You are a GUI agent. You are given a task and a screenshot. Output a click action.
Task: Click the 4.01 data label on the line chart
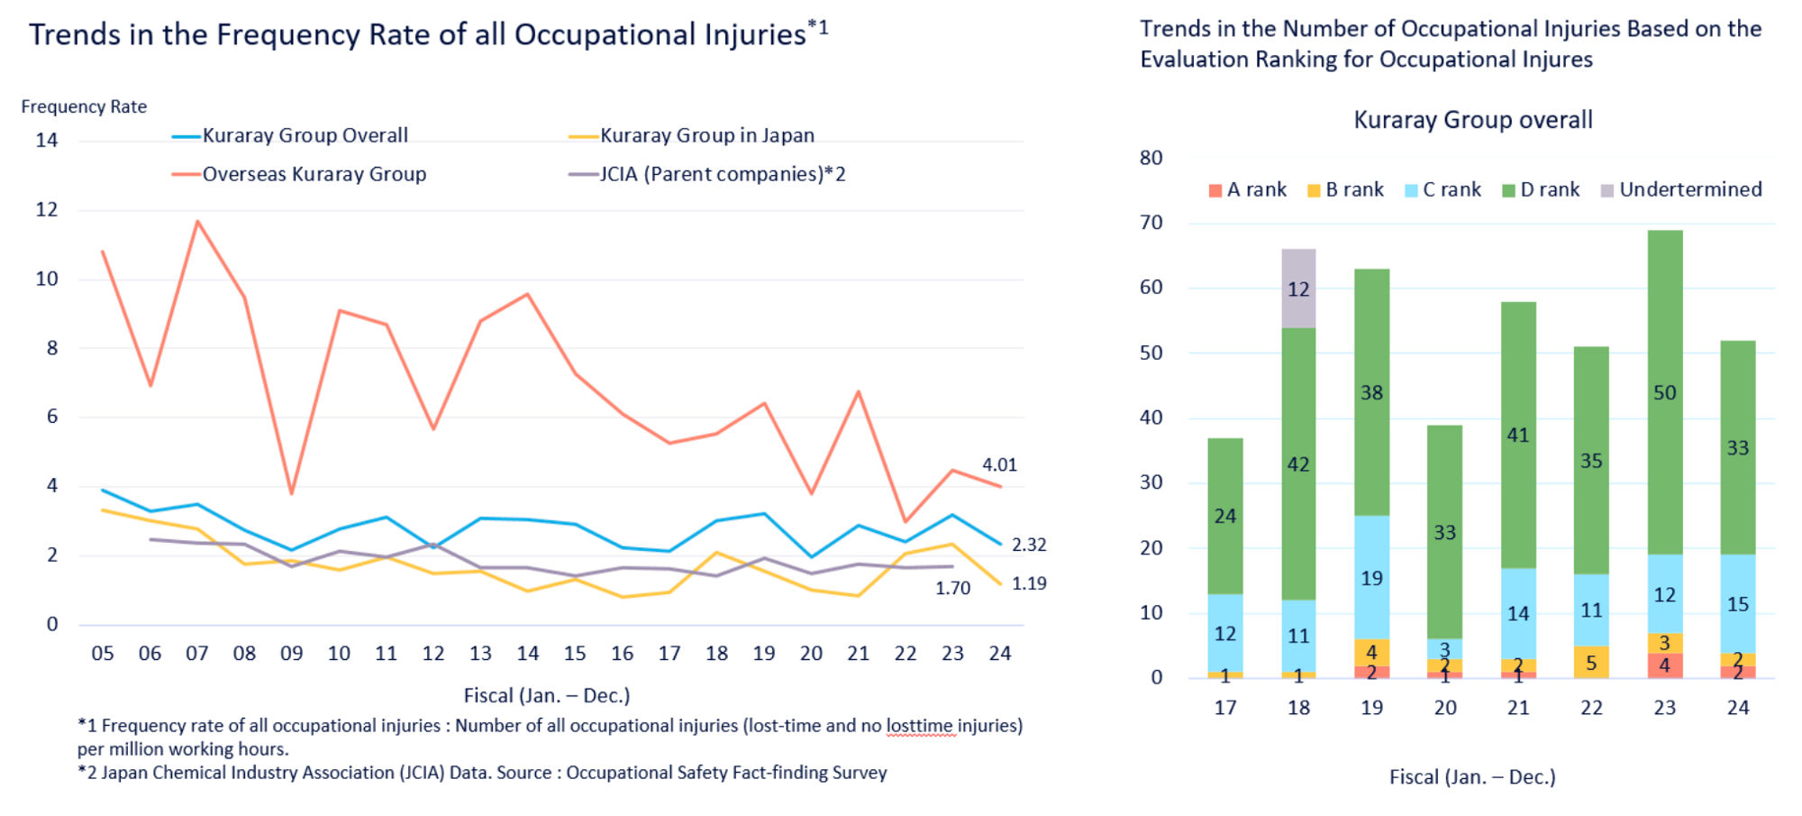coord(999,465)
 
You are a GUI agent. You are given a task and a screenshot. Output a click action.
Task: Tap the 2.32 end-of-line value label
coord(1029,545)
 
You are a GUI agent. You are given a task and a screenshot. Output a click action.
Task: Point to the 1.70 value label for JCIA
coord(952,588)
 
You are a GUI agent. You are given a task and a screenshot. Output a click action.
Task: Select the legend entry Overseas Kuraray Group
coord(314,174)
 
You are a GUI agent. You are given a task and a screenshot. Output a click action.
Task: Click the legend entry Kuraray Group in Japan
coord(706,135)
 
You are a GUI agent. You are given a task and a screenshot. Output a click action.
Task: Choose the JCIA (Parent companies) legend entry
coord(722,174)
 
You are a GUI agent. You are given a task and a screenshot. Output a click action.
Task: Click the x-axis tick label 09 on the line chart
coord(291,654)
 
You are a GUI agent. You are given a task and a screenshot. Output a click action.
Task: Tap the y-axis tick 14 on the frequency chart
coord(47,141)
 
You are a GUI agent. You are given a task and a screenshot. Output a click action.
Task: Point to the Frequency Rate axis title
coord(84,106)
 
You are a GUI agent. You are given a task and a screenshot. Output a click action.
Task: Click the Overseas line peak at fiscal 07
coord(197,221)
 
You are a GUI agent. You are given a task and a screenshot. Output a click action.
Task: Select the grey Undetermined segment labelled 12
coord(1298,289)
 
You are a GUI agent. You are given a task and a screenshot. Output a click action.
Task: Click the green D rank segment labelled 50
coord(1664,392)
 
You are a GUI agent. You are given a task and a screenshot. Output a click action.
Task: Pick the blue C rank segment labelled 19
coord(1371,577)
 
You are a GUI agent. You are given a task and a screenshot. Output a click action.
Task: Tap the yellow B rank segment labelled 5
coord(1591,663)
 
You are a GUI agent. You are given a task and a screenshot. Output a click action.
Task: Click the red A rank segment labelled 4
coord(1664,665)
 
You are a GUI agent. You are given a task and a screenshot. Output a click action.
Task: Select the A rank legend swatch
coord(1215,190)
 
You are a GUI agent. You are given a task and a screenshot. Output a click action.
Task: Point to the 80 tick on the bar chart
coord(1151,158)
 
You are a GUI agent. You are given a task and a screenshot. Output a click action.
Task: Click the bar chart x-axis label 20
coord(1444,708)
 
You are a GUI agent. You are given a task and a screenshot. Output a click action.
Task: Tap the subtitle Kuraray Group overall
coord(1473,120)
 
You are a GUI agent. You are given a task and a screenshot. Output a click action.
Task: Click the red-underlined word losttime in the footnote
coord(919,726)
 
